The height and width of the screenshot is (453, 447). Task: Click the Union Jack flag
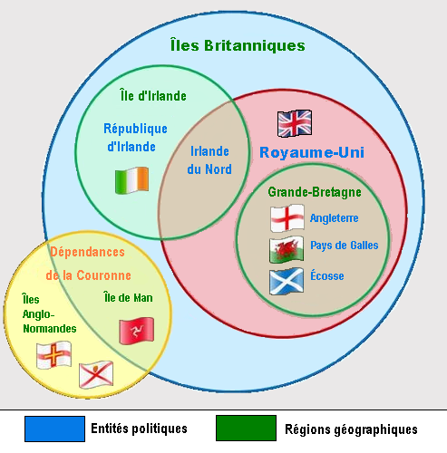pos(295,123)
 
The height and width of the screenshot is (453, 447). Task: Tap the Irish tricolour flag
pos(131,180)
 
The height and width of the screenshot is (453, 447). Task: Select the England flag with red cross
pos(287,218)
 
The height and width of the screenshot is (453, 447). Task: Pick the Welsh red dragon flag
pos(287,250)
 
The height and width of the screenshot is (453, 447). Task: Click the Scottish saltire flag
pos(287,281)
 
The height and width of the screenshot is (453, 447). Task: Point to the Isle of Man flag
pos(137,331)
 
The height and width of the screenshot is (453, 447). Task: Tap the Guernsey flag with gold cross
pos(53,355)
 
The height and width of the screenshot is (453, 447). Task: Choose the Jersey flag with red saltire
pos(96,374)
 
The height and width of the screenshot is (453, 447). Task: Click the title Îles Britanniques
pos(238,45)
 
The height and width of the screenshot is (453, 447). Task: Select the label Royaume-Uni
pos(312,152)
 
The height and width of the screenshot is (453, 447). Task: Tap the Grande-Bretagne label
pos(315,192)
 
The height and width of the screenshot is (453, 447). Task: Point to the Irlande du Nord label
pos(209,160)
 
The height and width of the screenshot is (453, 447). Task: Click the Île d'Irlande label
pos(153,96)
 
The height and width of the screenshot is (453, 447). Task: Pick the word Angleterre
pos(335,218)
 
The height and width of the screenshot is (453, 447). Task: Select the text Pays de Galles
pos(345,246)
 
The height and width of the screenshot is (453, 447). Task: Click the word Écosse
pos(327,275)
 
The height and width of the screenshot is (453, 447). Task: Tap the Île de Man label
pos(128,297)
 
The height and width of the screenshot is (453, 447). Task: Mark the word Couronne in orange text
pos(103,275)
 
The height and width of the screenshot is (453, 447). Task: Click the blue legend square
pos(54,429)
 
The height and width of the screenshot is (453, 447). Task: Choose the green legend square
pos(246,429)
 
